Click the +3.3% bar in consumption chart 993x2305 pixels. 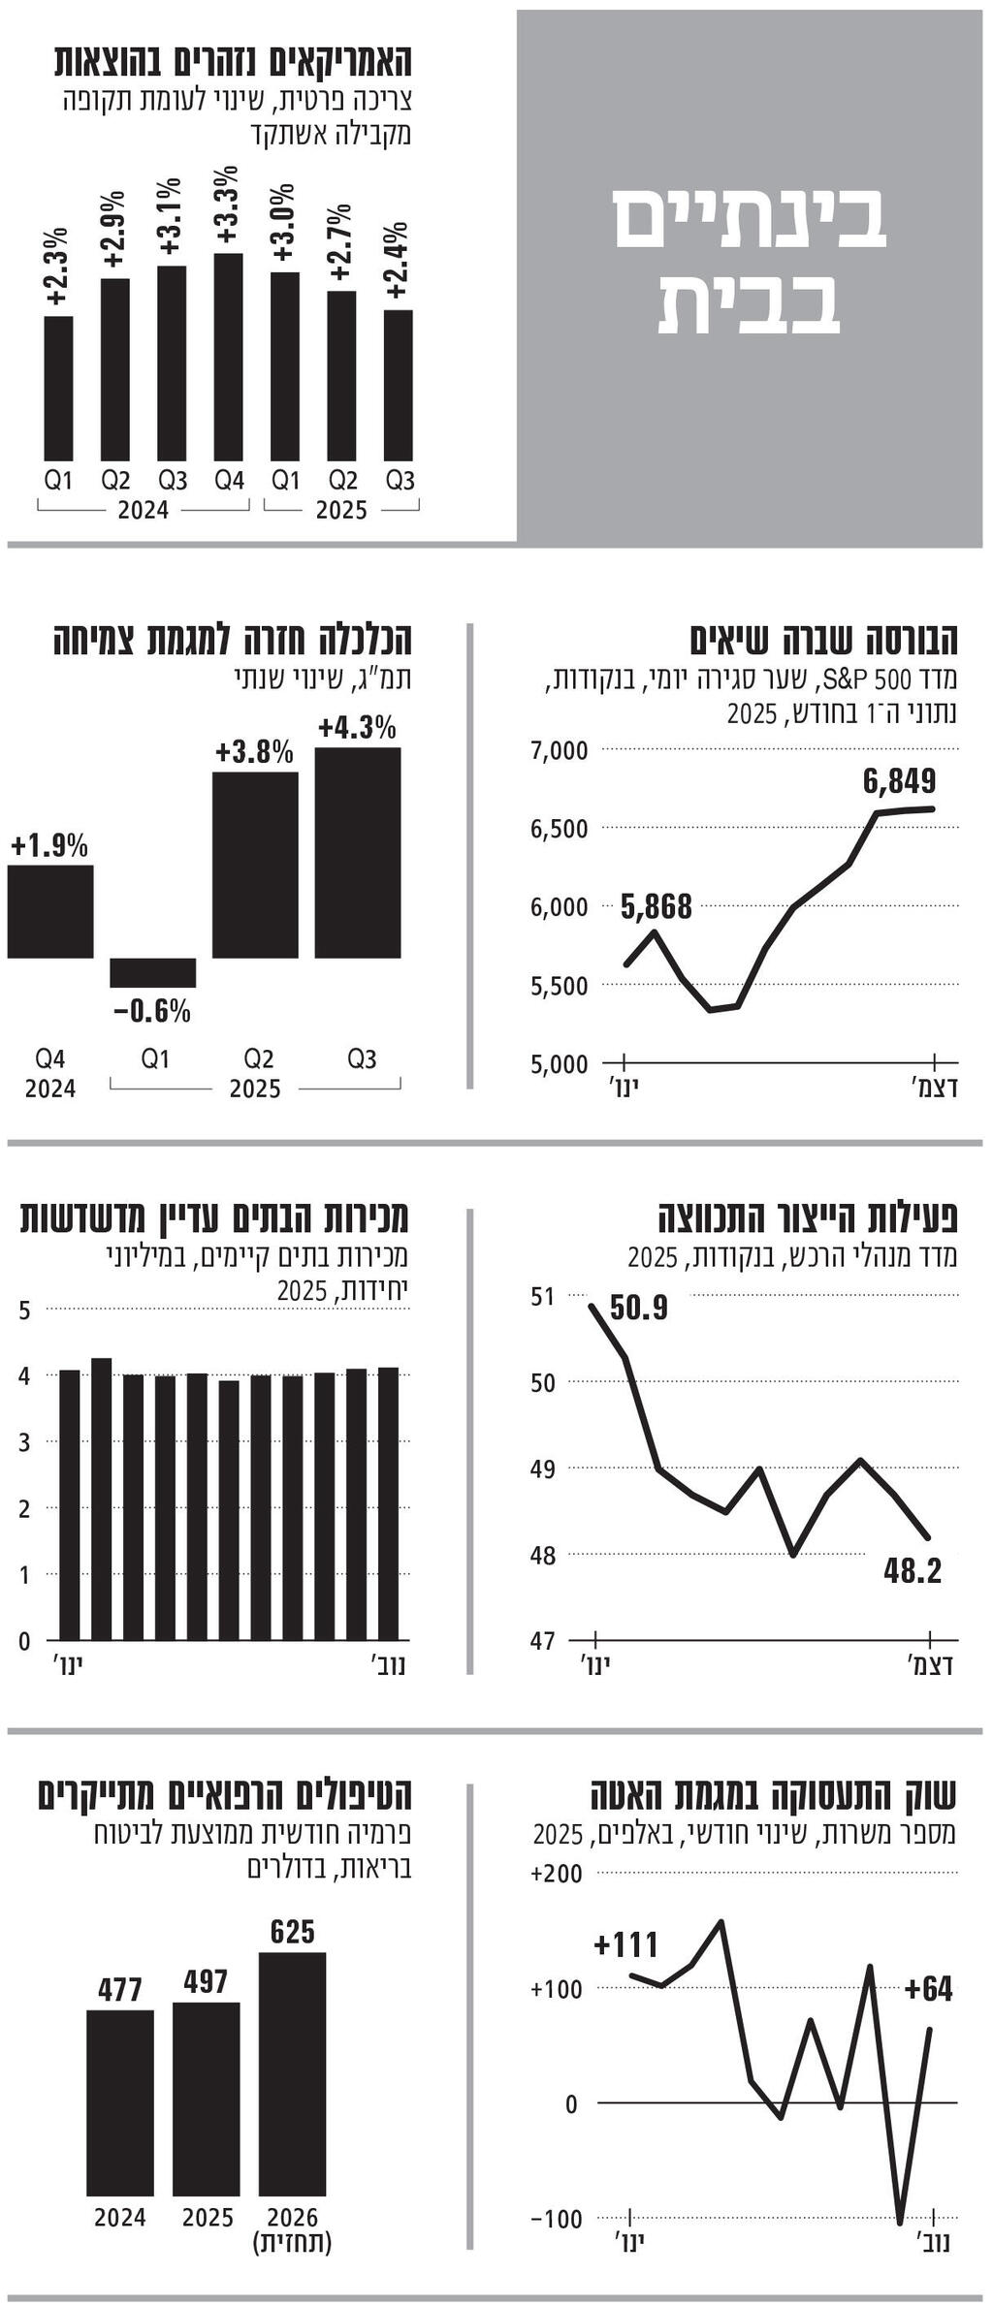tap(228, 357)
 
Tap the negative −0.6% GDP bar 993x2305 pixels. tap(152, 972)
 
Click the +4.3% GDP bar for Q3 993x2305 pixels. tap(358, 853)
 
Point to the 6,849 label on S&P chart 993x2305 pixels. tap(899, 780)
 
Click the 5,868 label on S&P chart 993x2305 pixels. tap(657, 906)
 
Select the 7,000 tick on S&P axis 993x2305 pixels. tap(559, 750)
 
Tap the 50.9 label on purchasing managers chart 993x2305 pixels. tap(639, 1309)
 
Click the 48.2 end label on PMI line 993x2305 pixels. tap(913, 1570)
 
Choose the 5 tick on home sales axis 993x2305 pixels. tap(25, 1310)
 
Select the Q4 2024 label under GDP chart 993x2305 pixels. tap(50, 1073)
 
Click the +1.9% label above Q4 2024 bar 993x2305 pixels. tap(49, 845)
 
